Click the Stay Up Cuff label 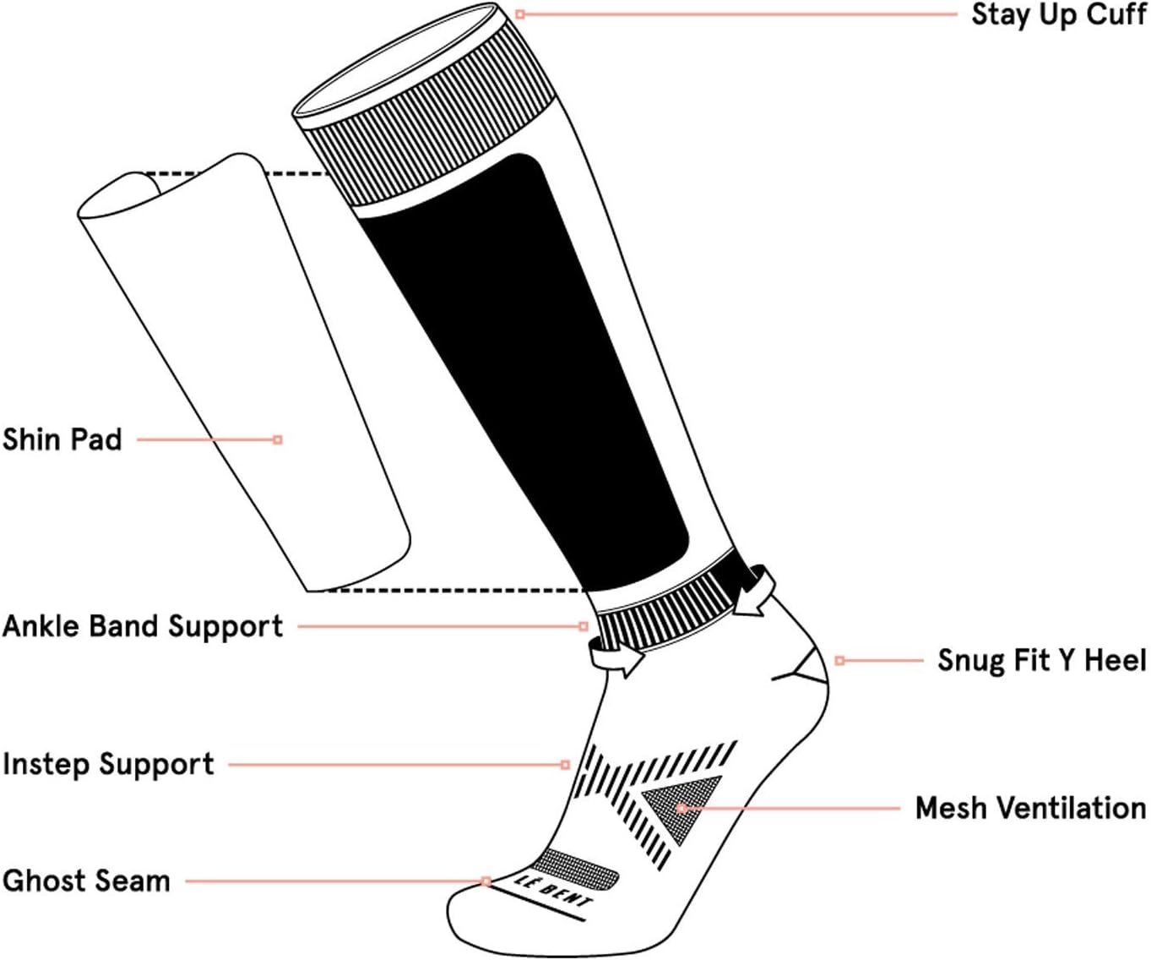pos(1059,14)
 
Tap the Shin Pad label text pos(62,439)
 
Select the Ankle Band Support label pos(143,626)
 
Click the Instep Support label pos(108,764)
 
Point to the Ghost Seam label pos(86,881)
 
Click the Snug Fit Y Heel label pos(1042,660)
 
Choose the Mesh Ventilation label pos(1030,808)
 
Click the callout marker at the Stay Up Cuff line pos(520,14)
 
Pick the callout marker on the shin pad pos(278,439)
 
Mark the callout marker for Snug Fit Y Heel pos(839,660)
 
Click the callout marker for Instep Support pos(566,765)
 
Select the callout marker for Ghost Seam pos(486,881)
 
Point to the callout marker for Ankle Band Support pos(584,626)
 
